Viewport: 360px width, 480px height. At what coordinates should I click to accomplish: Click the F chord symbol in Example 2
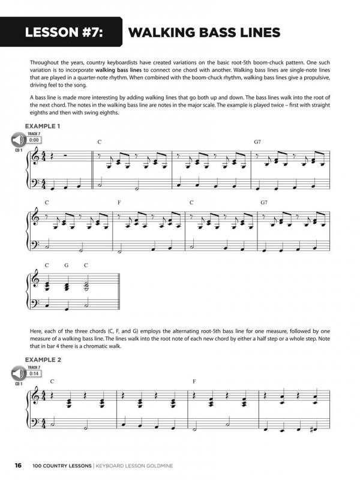(194, 381)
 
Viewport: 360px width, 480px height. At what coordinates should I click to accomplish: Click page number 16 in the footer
(19, 465)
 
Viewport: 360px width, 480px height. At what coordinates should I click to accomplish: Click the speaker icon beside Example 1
(16, 141)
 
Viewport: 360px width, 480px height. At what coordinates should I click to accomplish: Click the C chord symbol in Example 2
(53, 381)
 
